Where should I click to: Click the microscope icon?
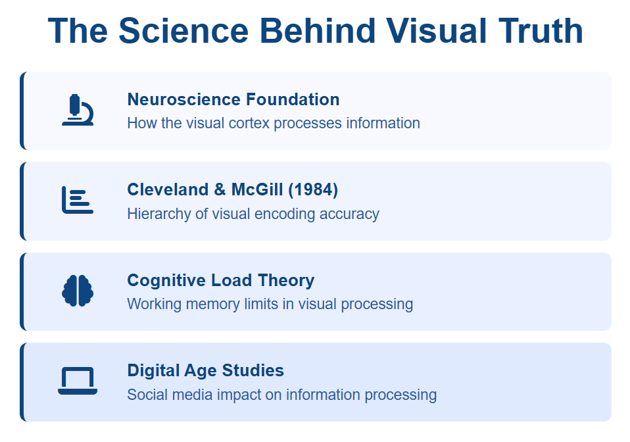[78, 110]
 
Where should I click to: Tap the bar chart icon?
[78, 200]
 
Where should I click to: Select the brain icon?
[78, 291]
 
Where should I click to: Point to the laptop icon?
[78, 381]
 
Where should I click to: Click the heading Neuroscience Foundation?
[233, 99]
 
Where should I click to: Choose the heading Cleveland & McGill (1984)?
[233, 189]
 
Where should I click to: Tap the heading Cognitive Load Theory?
[220, 280]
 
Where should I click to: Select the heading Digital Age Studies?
[205, 370]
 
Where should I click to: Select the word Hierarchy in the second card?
[160, 214]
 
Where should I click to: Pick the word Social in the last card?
[145, 395]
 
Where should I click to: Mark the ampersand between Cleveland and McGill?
[220, 189]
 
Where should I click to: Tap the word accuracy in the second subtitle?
[349, 214]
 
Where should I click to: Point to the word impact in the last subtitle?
[239, 395]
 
